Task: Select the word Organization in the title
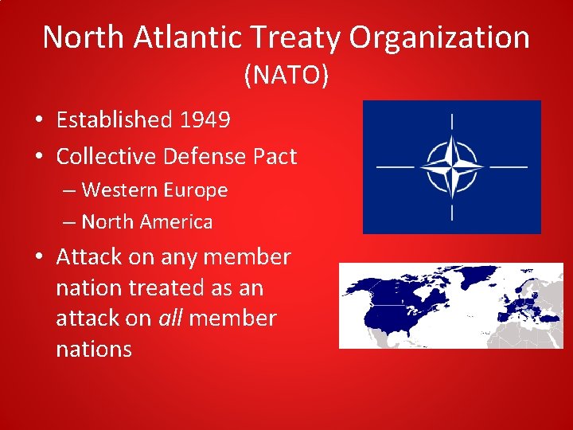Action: [x=445, y=37]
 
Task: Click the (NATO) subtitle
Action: [x=286, y=75]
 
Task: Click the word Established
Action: [x=114, y=120]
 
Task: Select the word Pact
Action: [x=275, y=156]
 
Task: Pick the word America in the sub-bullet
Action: [x=176, y=222]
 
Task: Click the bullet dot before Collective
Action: [x=39, y=156]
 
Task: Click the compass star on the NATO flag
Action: [x=451, y=167]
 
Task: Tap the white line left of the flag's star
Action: [x=396, y=167]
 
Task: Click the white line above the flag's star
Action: [x=451, y=122]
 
